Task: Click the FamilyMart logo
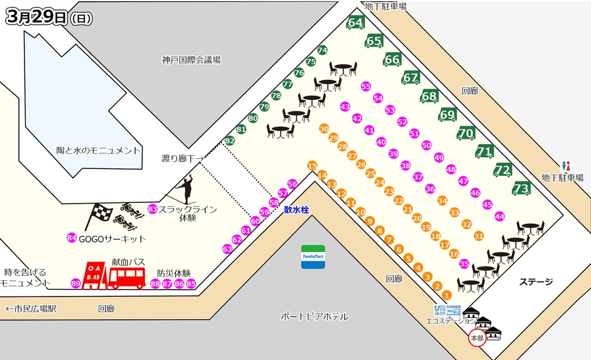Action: click(x=312, y=257)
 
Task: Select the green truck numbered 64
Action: click(x=356, y=23)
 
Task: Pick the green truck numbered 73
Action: click(x=521, y=188)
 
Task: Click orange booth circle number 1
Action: click(x=446, y=295)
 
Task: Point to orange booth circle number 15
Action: click(x=312, y=166)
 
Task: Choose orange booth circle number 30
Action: click(x=324, y=128)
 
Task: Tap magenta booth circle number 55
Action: click(x=366, y=87)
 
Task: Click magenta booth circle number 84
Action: click(x=72, y=238)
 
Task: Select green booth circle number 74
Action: click(x=323, y=50)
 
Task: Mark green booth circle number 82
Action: click(x=229, y=141)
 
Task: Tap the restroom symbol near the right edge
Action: click(x=566, y=166)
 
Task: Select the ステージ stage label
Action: click(x=536, y=281)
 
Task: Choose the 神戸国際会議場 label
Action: click(x=191, y=60)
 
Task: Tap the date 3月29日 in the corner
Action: click(x=36, y=18)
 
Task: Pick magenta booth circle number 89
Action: click(x=76, y=284)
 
